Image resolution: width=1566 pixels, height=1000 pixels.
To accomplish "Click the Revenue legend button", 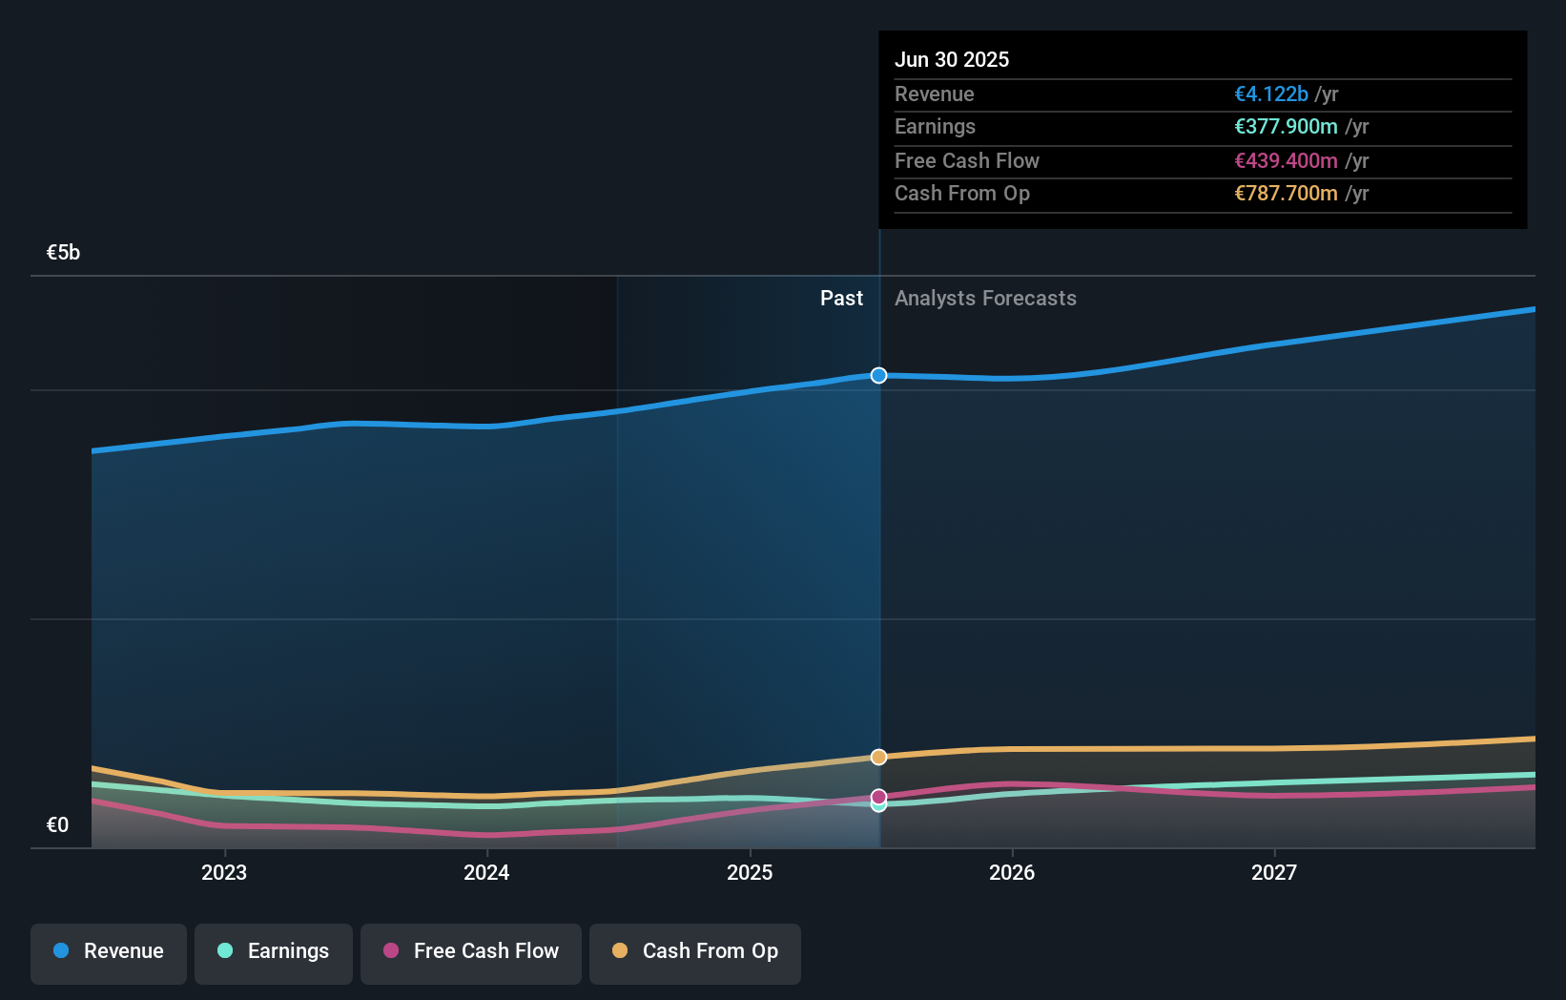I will click(x=109, y=952).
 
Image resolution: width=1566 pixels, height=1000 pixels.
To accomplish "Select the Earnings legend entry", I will click(x=274, y=952).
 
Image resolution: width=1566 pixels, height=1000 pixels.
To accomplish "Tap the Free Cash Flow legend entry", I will click(x=471, y=952).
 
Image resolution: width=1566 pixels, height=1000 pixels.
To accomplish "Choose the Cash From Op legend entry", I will click(x=695, y=952).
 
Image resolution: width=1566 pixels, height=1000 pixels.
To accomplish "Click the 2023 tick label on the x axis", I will click(x=224, y=873).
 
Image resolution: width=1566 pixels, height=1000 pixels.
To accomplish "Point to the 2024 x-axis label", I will click(x=486, y=873).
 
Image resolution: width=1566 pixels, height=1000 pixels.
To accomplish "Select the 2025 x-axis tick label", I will click(x=750, y=873).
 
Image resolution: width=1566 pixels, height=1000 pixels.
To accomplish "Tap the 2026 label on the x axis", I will click(x=1012, y=873).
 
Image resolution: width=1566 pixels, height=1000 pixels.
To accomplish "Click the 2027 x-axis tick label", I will click(x=1274, y=873).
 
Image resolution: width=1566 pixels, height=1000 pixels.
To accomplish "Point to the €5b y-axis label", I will click(x=63, y=253).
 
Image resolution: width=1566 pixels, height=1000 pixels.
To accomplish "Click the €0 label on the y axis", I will click(x=57, y=825).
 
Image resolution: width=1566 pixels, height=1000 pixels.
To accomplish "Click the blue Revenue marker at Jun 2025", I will click(x=879, y=376).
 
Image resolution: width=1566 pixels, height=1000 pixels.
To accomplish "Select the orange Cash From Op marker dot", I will click(x=879, y=758).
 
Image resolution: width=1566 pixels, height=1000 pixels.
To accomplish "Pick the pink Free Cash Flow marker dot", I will click(x=879, y=796).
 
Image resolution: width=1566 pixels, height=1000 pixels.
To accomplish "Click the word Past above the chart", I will click(x=841, y=299).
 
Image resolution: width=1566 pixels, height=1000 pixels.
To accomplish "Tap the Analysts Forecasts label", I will click(x=985, y=299).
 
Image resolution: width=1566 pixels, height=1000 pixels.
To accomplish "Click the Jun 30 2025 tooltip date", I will click(x=952, y=60).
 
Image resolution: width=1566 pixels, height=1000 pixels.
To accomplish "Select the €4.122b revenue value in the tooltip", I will click(x=1271, y=94).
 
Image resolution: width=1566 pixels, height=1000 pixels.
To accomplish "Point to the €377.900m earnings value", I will click(x=1286, y=127).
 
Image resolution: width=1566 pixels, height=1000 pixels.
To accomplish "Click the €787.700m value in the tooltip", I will click(x=1286, y=194).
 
